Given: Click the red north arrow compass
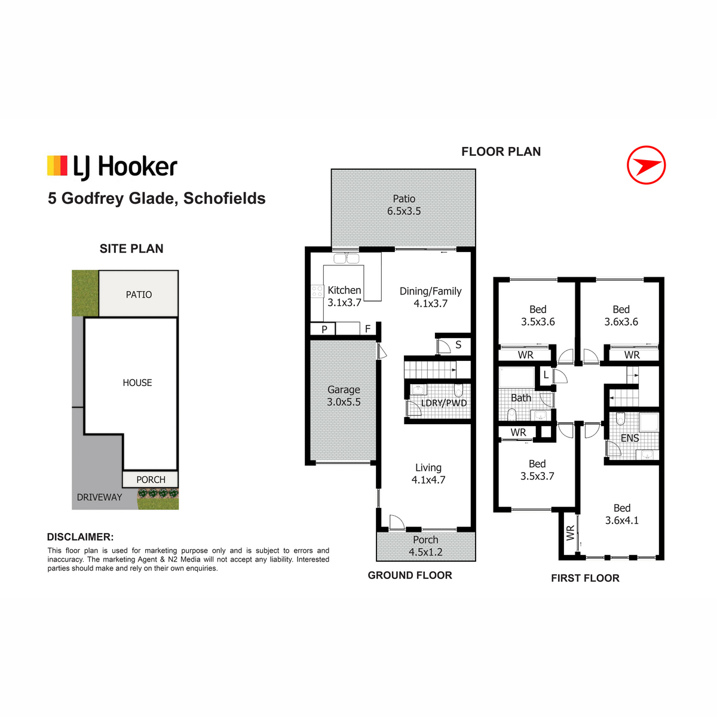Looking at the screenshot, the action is pos(646,165).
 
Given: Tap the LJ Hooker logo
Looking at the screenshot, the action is pos(112,167).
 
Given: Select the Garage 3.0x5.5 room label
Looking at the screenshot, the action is pos(344,396).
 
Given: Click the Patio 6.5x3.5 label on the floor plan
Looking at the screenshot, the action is pos(404,205).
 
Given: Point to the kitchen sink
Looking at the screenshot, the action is pos(346,258).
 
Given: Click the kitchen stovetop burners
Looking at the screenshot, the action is pos(317,290).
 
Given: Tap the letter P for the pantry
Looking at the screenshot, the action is pos(324,329).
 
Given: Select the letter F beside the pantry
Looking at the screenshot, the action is pos(367,329).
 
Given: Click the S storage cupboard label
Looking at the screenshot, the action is pos(458,345).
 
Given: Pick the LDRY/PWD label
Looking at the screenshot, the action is pos(443,403).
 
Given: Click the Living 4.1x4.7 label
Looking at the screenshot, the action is pos(428,473).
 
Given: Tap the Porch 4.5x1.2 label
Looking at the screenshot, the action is pos(425,546).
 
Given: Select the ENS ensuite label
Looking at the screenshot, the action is pos(630,438).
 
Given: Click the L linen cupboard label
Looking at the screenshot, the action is pos(546,375).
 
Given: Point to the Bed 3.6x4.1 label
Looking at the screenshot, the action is pos(622,514).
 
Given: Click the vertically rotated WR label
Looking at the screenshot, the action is pos(571,533).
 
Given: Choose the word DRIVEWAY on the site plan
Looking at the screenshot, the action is pos(99,497).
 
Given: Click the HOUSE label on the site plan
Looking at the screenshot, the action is pos(137,382).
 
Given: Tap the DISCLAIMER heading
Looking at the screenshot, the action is pos(80,537).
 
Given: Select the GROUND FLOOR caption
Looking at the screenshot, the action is pos(410,575).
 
